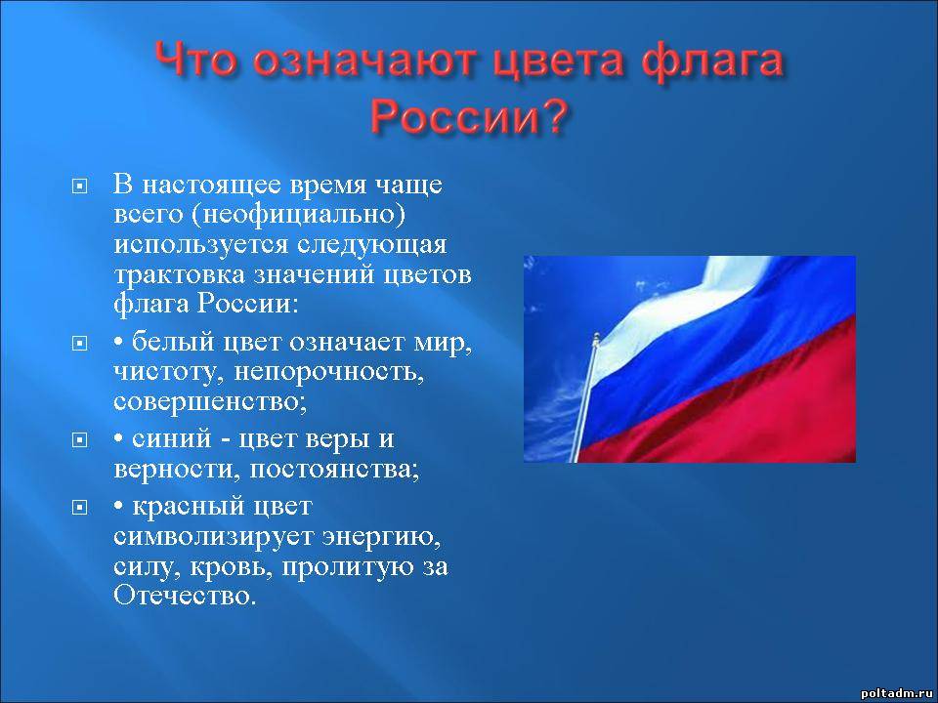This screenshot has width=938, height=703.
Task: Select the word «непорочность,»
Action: click(x=329, y=372)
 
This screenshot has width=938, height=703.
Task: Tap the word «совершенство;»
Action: click(x=210, y=401)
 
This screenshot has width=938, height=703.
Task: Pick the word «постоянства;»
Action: click(x=334, y=470)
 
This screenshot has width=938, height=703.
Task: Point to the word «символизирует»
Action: click(x=214, y=536)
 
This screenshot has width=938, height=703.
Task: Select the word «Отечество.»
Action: click(x=185, y=596)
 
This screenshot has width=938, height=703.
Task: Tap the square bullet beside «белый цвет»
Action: click(x=79, y=344)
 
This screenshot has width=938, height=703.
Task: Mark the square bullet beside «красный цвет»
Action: click(x=79, y=508)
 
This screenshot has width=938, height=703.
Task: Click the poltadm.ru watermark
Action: click(x=897, y=693)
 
